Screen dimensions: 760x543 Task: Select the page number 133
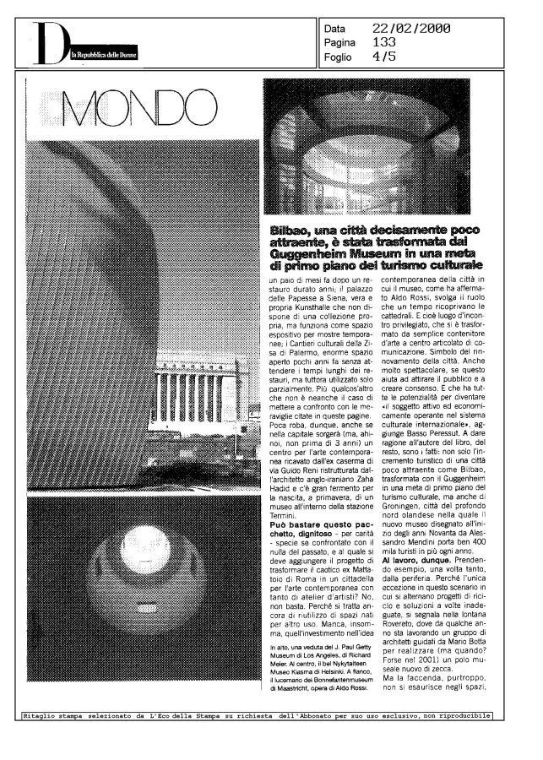point(384,41)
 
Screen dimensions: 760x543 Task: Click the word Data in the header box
point(335,29)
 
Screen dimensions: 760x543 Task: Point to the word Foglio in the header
point(339,57)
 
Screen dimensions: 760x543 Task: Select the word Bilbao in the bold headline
point(289,231)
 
